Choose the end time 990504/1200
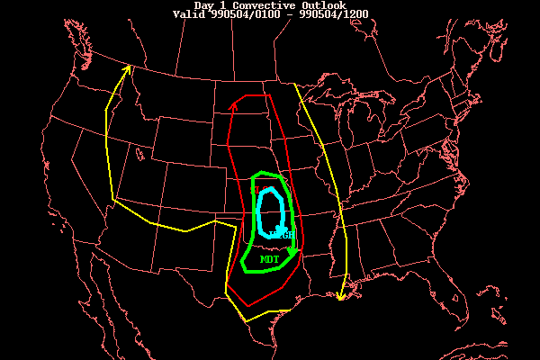(x=330, y=14)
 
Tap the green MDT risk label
(x=269, y=259)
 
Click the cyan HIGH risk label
(x=283, y=235)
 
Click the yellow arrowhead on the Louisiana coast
(x=341, y=296)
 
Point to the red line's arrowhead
(x=234, y=105)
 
